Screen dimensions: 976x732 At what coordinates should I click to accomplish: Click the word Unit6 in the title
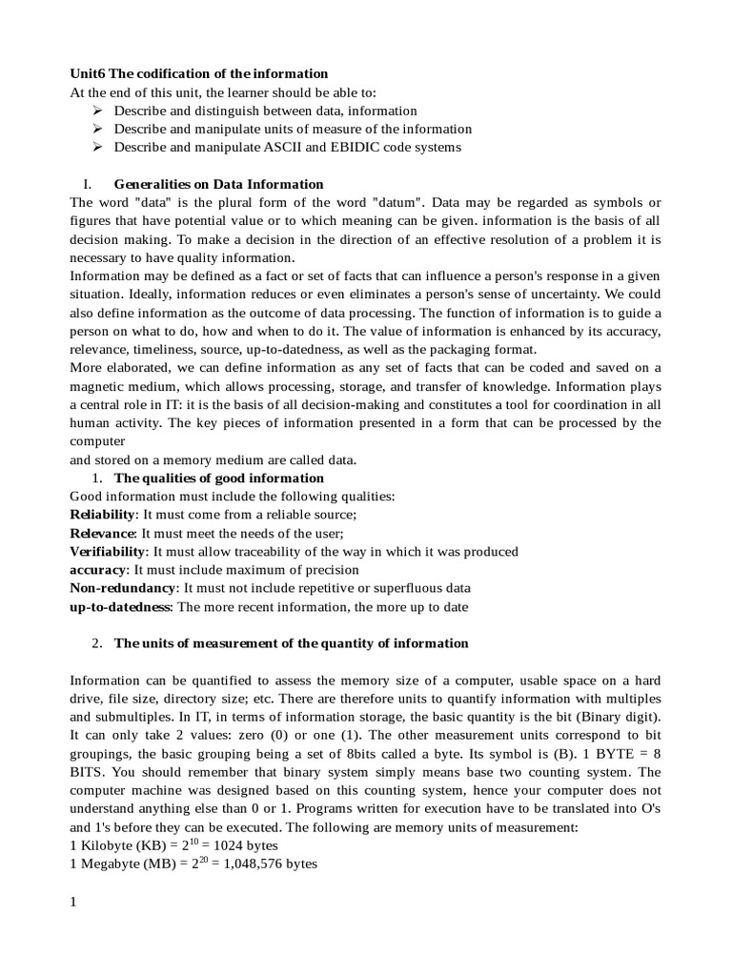coord(89,73)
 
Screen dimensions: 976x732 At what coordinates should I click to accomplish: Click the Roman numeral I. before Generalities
coord(87,184)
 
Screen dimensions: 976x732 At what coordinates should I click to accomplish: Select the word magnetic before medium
coord(100,386)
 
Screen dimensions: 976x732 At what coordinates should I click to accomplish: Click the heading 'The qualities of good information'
coord(218,478)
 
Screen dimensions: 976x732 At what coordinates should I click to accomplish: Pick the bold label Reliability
coord(103,515)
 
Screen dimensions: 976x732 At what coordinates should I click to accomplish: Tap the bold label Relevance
coord(103,533)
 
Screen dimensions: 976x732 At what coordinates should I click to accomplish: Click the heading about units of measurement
coord(291,643)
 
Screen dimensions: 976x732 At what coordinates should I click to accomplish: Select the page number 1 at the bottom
coord(73,902)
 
